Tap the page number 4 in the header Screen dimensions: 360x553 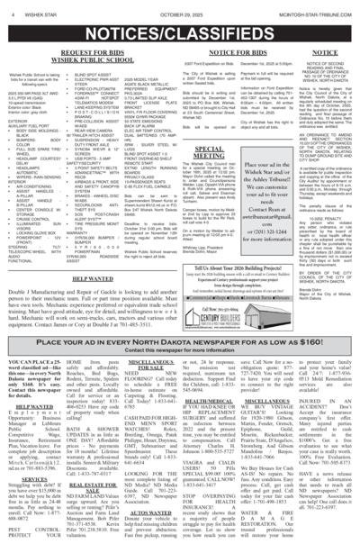pyautogui.click(x=9, y=8)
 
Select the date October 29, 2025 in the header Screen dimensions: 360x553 pyautogui.click(x=180, y=8)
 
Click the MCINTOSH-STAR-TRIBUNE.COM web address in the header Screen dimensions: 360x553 pyautogui.click(x=310, y=8)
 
